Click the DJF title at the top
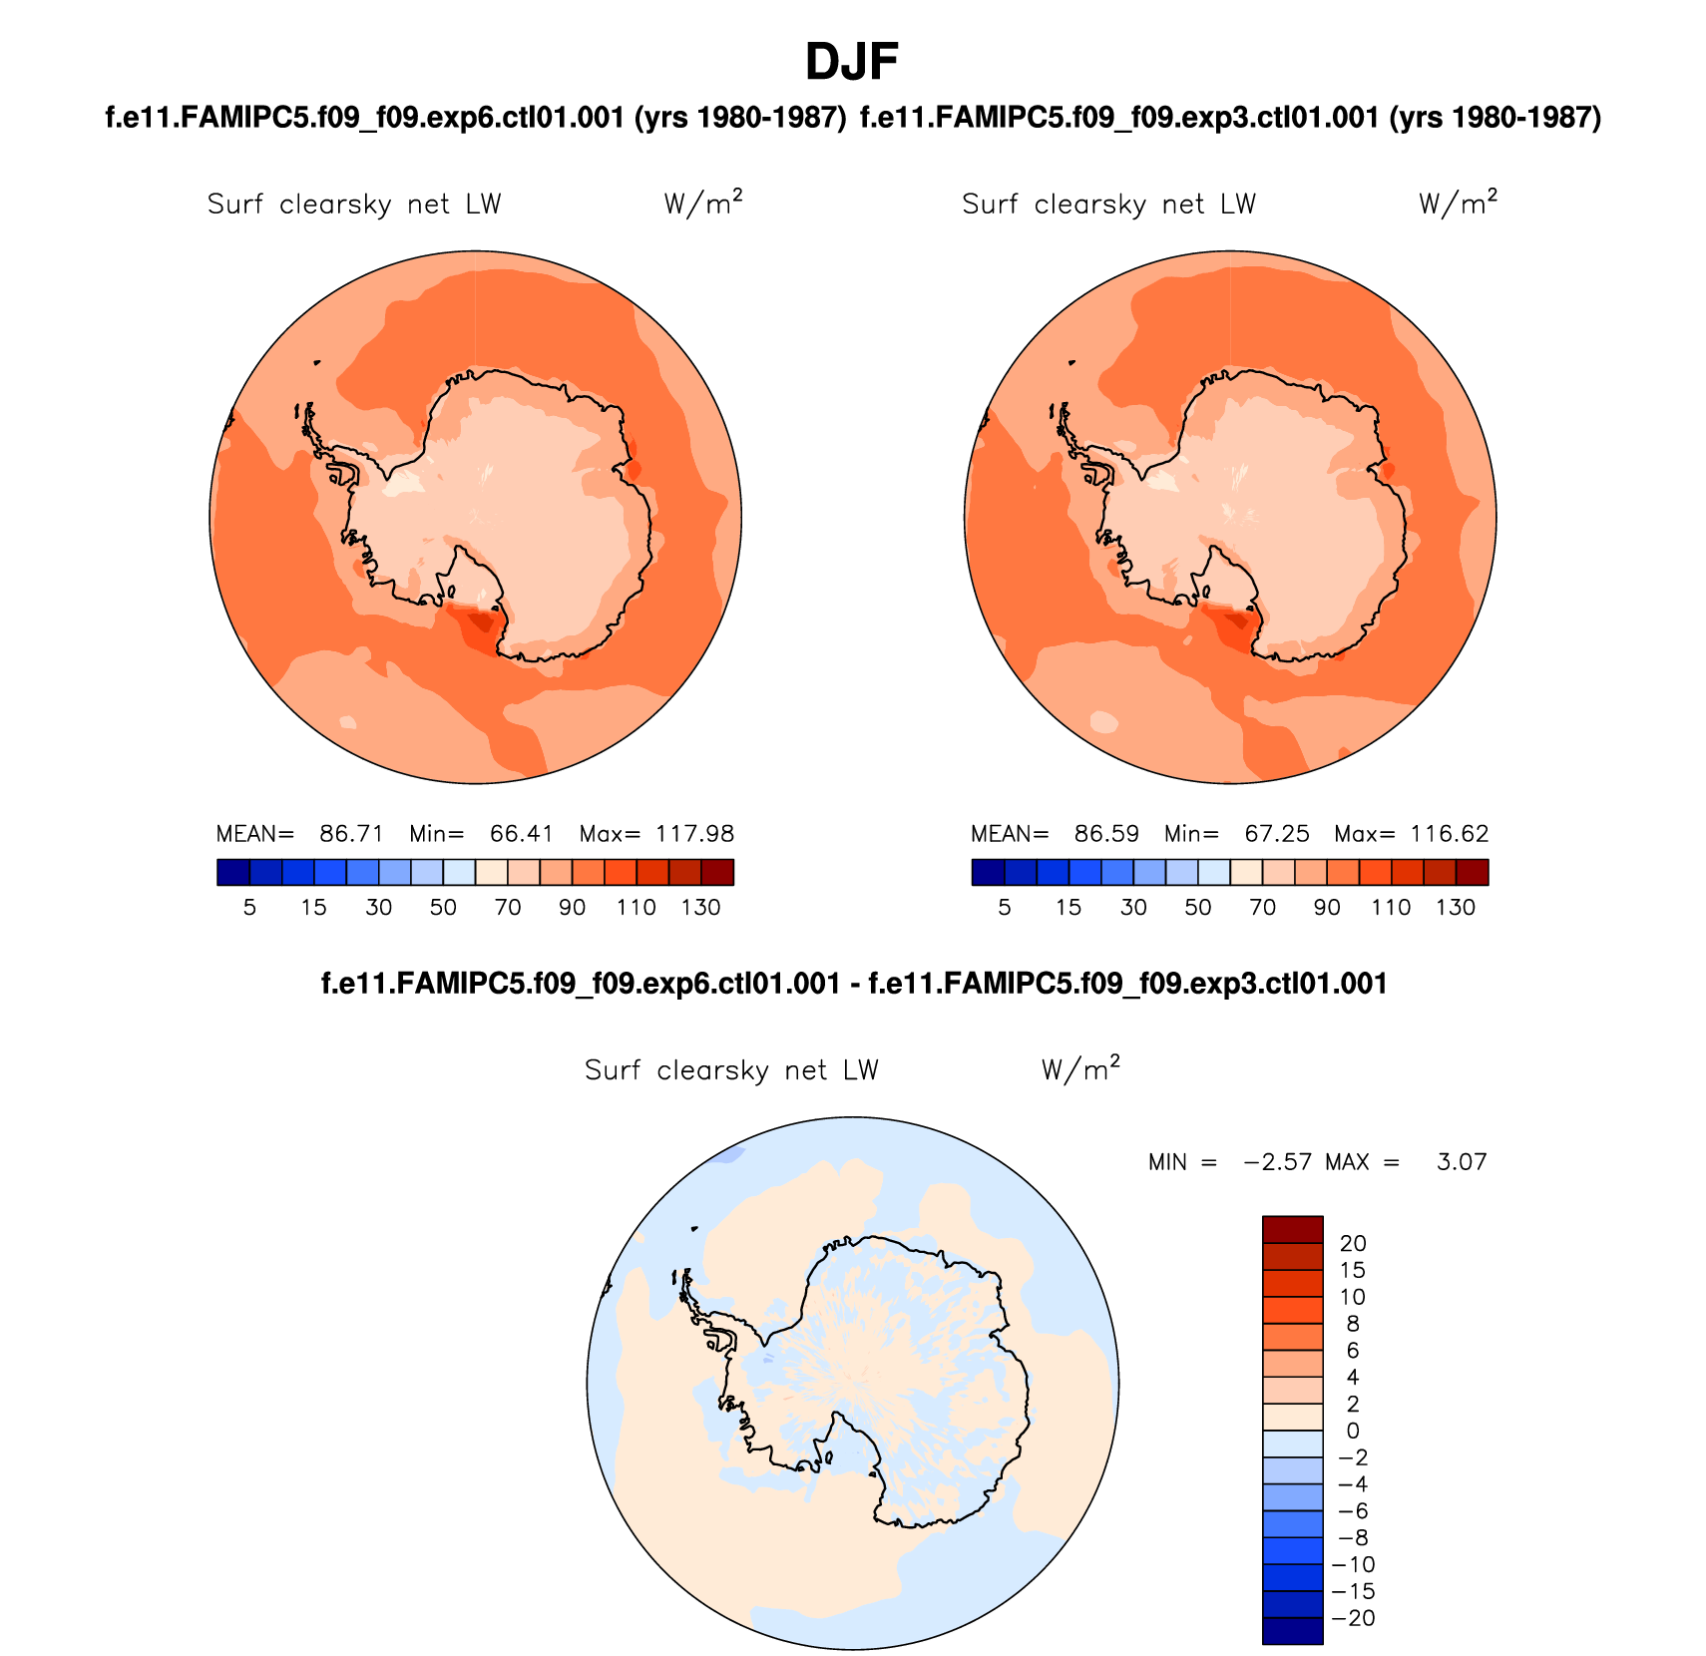pyautogui.click(x=851, y=62)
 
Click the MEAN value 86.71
pyautogui.click(x=351, y=834)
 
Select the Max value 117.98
pyautogui.click(x=694, y=834)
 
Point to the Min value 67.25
pyautogui.click(x=1277, y=834)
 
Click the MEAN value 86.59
pyautogui.click(x=1106, y=834)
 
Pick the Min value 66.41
pyautogui.click(x=522, y=834)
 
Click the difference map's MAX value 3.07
pyautogui.click(x=1462, y=1162)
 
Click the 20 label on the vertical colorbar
pyautogui.click(x=1353, y=1243)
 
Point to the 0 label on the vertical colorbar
pyautogui.click(x=1353, y=1431)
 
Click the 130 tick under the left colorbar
pyautogui.click(x=700, y=908)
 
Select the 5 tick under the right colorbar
pyautogui.click(x=1005, y=908)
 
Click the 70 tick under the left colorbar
pyautogui.click(x=508, y=908)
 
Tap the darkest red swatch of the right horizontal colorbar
pyautogui.click(x=1472, y=873)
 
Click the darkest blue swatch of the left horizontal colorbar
pyautogui.click(x=233, y=873)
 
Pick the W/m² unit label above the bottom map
pyautogui.click(x=1080, y=1068)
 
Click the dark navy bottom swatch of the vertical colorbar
pyautogui.click(x=1292, y=1631)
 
